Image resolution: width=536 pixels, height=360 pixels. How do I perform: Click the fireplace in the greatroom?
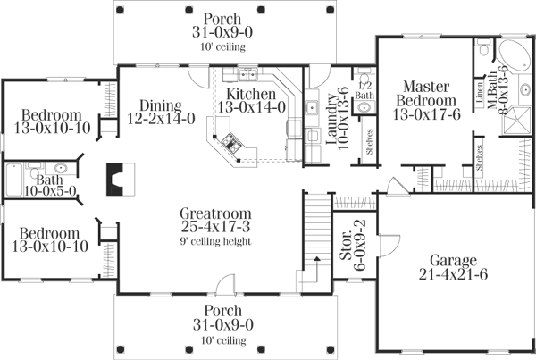pos(115,179)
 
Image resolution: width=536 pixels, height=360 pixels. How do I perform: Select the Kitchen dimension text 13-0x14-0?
pos(255,107)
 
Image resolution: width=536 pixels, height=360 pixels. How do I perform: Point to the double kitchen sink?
pos(245,74)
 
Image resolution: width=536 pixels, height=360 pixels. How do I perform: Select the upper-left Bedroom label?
pos(52,115)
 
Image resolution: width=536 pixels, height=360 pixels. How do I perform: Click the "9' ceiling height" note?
pos(214,240)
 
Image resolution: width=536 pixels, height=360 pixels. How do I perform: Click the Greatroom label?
pos(215,214)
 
